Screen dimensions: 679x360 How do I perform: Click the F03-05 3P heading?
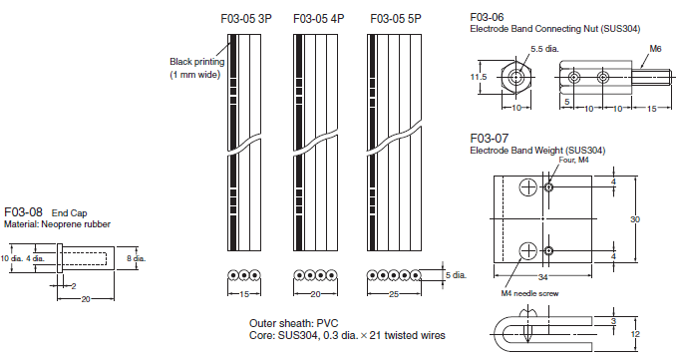tap(246, 19)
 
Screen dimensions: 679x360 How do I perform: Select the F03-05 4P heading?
tap(319, 19)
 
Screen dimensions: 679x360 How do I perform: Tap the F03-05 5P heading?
tap(396, 19)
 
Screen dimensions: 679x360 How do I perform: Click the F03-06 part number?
tap(487, 17)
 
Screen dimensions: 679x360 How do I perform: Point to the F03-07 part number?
tap(490, 139)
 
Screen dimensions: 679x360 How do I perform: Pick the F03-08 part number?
tap(23, 211)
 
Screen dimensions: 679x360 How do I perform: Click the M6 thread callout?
tap(655, 49)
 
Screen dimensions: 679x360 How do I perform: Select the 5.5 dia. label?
tap(544, 49)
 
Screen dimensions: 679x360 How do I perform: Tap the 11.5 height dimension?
tap(479, 77)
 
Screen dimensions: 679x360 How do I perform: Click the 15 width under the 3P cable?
tap(244, 294)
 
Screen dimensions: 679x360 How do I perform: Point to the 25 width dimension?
tap(393, 294)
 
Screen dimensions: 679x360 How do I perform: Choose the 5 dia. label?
tap(456, 275)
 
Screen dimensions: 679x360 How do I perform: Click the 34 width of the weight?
tap(542, 277)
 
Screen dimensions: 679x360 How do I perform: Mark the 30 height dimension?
tap(635, 219)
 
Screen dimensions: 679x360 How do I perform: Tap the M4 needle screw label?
tap(529, 293)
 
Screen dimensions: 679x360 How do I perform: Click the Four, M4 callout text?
tap(573, 160)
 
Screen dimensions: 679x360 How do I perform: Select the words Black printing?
tap(197, 62)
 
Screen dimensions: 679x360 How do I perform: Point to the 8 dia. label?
tap(136, 258)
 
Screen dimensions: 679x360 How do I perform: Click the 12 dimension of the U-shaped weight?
tap(635, 334)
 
